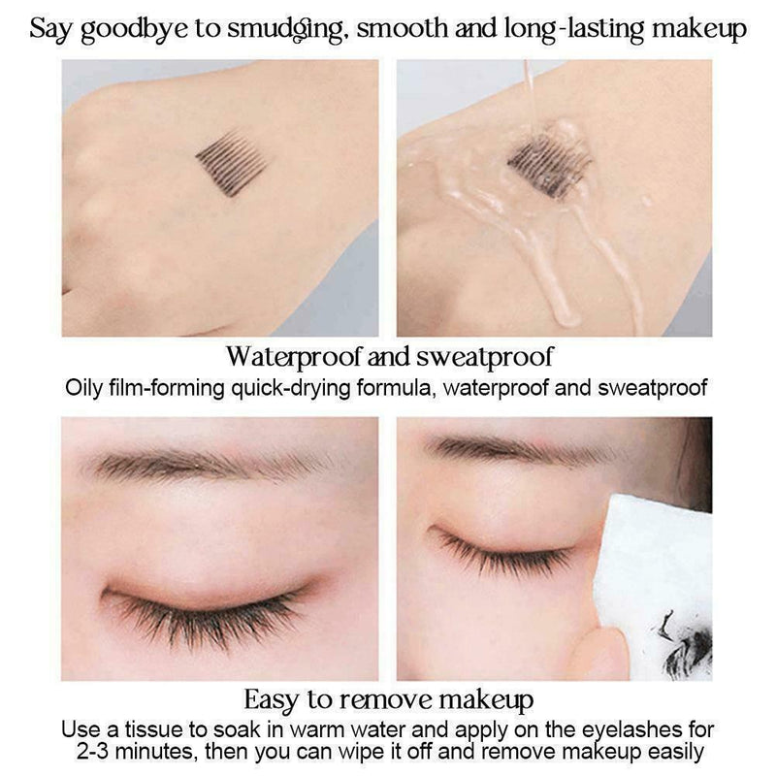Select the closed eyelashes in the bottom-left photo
point(209,607)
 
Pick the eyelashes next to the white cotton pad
point(504,554)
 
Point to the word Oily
point(84,388)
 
